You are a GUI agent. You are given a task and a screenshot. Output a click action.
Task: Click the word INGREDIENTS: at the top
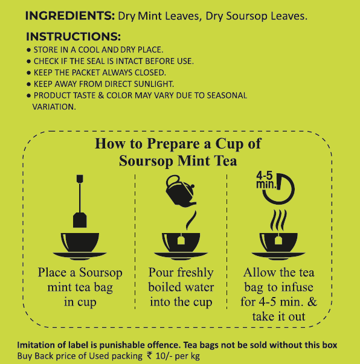point(70,16)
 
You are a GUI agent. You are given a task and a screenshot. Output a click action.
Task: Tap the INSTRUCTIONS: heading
point(74,36)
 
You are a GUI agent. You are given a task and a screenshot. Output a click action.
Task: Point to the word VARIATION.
point(54,107)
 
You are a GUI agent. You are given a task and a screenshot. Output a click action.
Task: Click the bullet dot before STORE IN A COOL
point(28,50)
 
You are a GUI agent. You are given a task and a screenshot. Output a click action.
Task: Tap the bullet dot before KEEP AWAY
point(28,84)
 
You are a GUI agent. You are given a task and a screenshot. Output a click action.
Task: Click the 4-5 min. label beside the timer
point(266,180)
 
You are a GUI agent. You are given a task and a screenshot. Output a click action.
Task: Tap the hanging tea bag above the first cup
point(80,219)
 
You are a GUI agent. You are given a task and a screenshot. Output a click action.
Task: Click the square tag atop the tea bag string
point(80,179)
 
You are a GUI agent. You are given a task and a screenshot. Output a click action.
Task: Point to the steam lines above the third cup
point(278,220)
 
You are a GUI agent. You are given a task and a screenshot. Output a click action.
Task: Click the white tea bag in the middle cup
point(181,240)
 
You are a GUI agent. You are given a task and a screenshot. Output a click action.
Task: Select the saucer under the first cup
point(80,256)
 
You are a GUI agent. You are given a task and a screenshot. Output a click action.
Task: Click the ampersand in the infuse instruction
point(313,302)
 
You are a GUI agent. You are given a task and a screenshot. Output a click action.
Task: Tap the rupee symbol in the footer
point(150,356)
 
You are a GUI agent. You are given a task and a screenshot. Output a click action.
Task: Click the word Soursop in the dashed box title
point(146,161)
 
